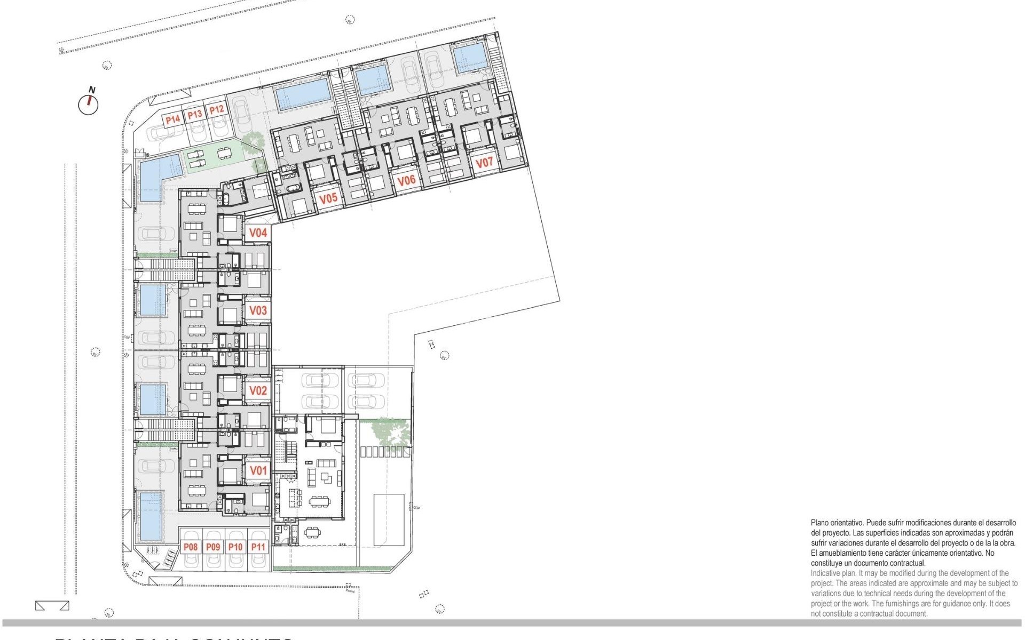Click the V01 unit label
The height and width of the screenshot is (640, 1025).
point(258,470)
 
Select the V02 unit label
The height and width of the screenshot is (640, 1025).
point(258,390)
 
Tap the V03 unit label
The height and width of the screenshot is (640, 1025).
point(258,310)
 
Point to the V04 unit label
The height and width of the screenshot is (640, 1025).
point(258,233)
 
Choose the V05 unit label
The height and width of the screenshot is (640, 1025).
point(328,198)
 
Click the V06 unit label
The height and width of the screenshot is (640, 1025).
point(406,180)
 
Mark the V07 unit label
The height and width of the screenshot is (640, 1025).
point(484,162)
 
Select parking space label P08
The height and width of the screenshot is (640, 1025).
point(191,547)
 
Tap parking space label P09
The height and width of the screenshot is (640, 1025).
point(213,547)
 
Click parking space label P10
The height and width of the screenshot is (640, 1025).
point(235,547)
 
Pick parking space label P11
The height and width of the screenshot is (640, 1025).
point(258,547)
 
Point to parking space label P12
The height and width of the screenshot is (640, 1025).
point(216,110)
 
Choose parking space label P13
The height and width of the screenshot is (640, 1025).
point(195,114)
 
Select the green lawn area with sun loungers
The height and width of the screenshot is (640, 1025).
point(214,156)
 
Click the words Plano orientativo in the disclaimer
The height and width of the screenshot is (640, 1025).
point(836,523)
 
